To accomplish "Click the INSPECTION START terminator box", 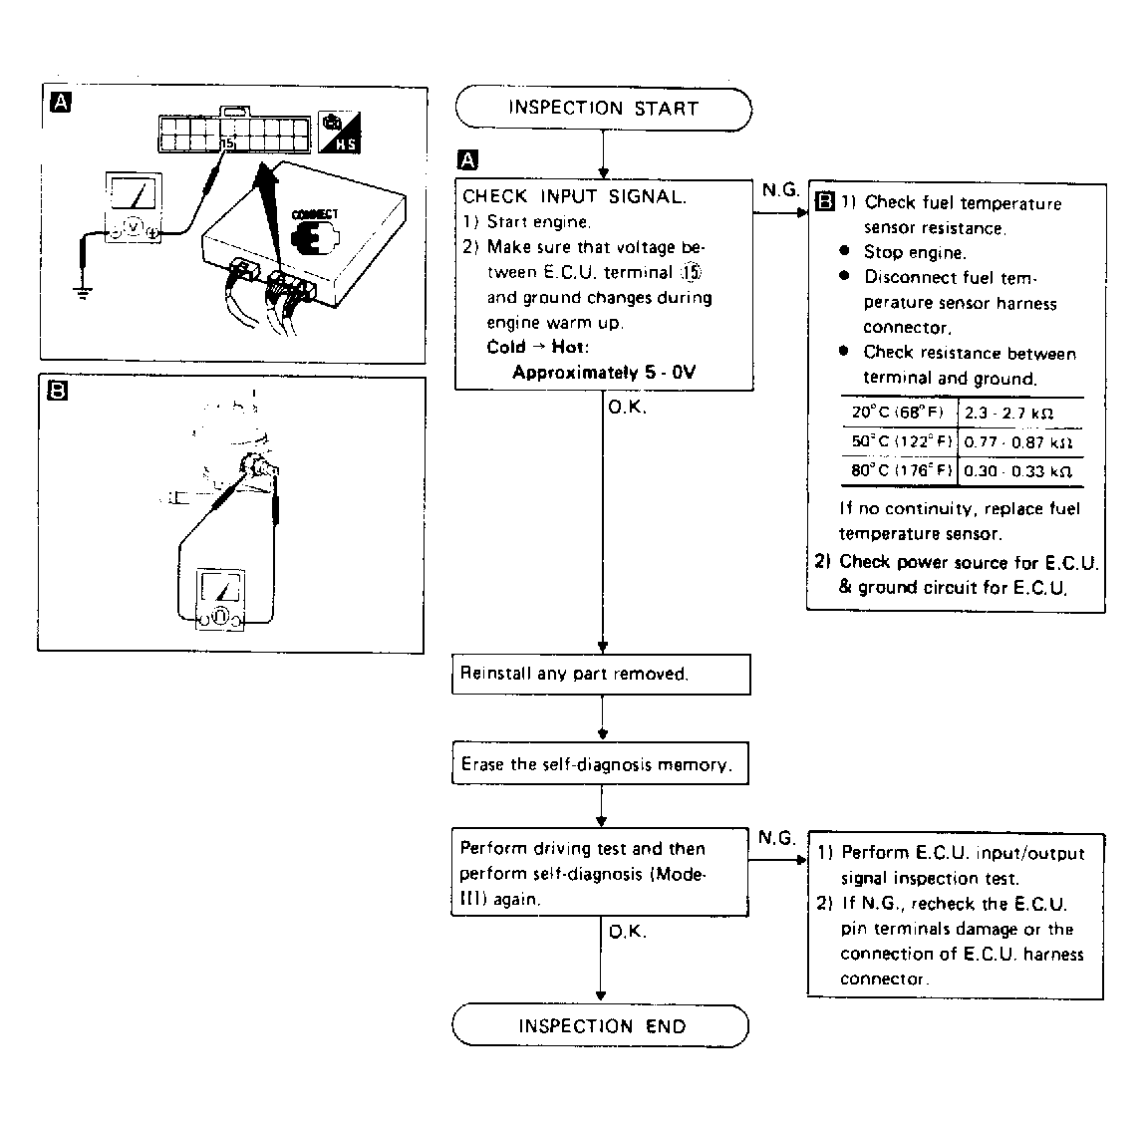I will (x=603, y=109).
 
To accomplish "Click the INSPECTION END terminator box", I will (x=601, y=1026).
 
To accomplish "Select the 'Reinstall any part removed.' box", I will (x=601, y=674).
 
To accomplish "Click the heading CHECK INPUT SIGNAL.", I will (x=574, y=196).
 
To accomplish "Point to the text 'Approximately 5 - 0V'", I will (x=604, y=373).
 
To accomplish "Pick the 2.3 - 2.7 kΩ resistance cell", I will (x=1008, y=413).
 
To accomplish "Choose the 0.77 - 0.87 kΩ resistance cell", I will (x=1017, y=442).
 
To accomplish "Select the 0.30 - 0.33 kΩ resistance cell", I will (x=1017, y=471).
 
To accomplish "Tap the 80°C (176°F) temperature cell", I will (x=901, y=471).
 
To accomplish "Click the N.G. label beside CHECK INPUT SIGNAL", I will (x=780, y=189).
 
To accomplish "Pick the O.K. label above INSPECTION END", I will (x=628, y=932).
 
